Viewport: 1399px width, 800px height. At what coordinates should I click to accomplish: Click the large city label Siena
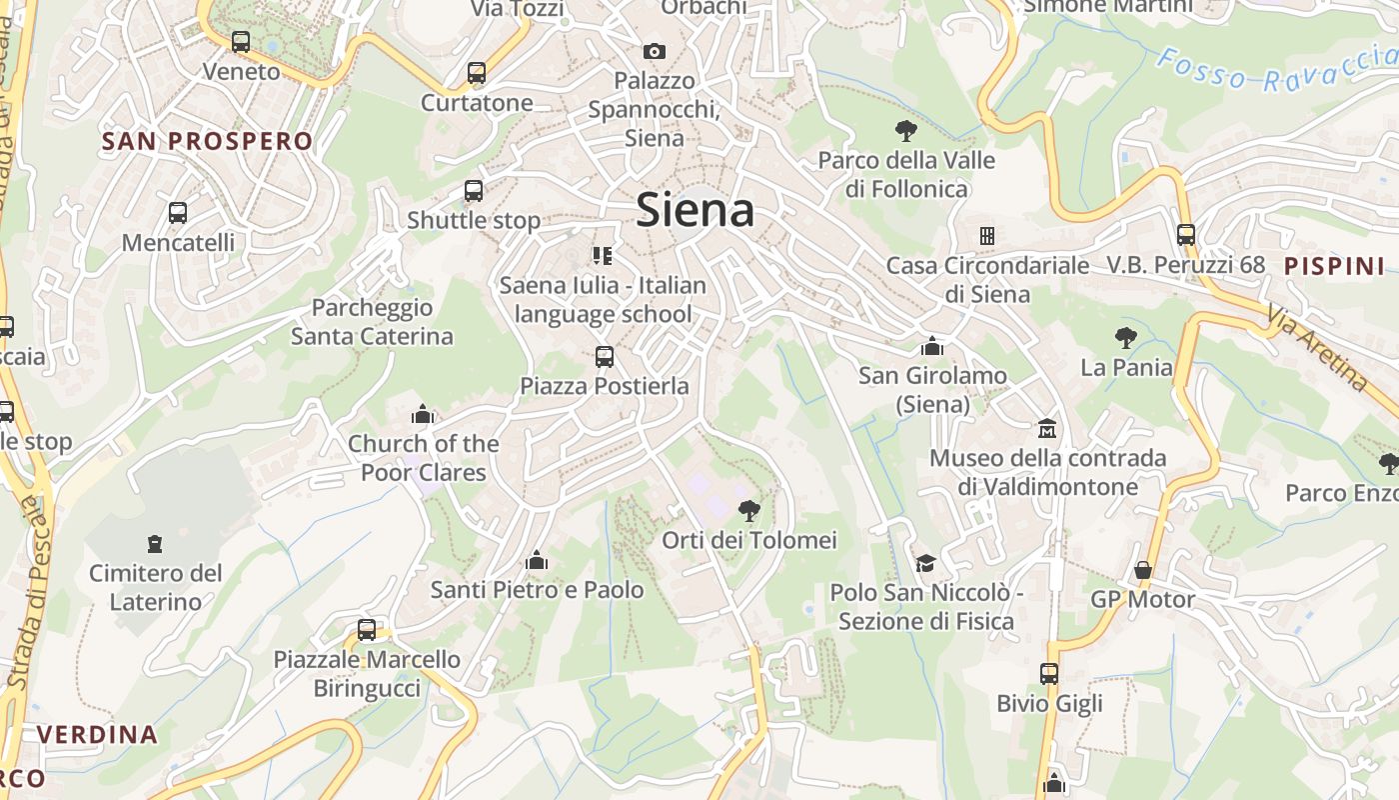tap(696, 210)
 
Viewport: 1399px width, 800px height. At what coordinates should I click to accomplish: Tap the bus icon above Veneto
tap(241, 42)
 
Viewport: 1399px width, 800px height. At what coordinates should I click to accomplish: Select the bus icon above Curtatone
tap(477, 73)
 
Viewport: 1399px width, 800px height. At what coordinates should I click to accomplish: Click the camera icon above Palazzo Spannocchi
tap(654, 51)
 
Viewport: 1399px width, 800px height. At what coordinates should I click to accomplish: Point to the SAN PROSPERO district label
tap(208, 141)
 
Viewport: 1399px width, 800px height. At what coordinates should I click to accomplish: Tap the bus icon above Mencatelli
tap(178, 213)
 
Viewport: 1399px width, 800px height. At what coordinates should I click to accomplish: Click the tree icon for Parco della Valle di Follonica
tap(906, 130)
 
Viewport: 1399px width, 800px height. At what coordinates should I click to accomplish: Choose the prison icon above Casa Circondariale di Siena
tap(987, 236)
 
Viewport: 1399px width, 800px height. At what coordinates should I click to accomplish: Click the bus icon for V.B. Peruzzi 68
tap(1186, 235)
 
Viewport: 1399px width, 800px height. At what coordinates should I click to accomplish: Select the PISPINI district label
tap(1334, 266)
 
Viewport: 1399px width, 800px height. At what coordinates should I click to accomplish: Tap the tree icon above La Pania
tap(1126, 338)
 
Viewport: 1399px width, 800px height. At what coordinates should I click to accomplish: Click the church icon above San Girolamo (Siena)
tap(932, 346)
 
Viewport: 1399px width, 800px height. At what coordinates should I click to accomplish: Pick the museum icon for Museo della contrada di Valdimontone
tap(1047, 428)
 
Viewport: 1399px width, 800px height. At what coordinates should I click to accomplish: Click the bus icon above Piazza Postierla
tap(604, 356)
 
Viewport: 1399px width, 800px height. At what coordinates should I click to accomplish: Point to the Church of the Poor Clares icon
tap(423, 414)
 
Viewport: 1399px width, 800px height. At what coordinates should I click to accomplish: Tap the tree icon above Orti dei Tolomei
tap(748, 511)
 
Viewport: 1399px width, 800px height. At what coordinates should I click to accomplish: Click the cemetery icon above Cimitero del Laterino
tap(155, 544)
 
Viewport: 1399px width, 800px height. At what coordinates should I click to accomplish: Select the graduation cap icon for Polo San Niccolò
tap(925, 563)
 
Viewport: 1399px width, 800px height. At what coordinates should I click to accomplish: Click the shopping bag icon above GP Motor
tap(1142, 570)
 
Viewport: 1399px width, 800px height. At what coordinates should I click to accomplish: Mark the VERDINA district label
tap(98, 735)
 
